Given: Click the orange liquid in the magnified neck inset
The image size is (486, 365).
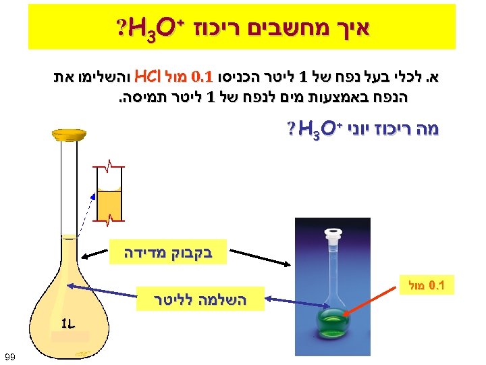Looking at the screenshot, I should [109, 203].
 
